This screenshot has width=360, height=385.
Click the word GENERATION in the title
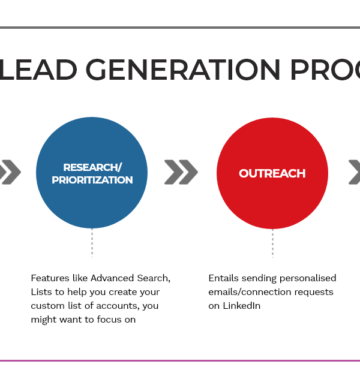point(183,70)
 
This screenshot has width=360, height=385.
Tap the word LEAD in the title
point(38,70)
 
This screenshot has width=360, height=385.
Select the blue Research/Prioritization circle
point(92,173)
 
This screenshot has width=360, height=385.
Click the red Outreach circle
point(272,173)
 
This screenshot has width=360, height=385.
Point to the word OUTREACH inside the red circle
point(272,173)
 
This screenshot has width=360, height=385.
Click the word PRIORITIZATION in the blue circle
point(92,180)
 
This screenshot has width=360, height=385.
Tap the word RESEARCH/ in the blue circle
point(92,167)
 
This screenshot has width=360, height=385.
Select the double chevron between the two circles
point(181,172)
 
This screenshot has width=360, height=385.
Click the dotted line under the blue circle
point(92,243)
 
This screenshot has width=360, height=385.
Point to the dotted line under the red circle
point(272,243)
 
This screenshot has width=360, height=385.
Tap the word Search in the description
point(154,278)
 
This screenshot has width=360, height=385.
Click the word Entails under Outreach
point(223,278)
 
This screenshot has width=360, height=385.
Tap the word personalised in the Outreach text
point(308,279)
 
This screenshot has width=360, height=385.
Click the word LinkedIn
point(242,306)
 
